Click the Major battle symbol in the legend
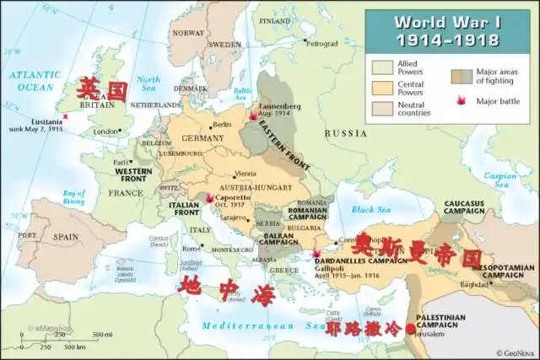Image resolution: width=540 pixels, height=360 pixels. (x=462, y=101)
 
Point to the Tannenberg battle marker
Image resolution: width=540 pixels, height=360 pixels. (x=252, y=117)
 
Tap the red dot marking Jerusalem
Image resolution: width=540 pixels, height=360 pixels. (x=411, y=329)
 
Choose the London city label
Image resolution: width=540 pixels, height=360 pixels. (x=105, y=132)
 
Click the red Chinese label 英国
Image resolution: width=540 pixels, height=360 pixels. (x=100, y=89)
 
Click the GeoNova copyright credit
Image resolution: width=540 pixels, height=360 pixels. (x=515, y=352)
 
